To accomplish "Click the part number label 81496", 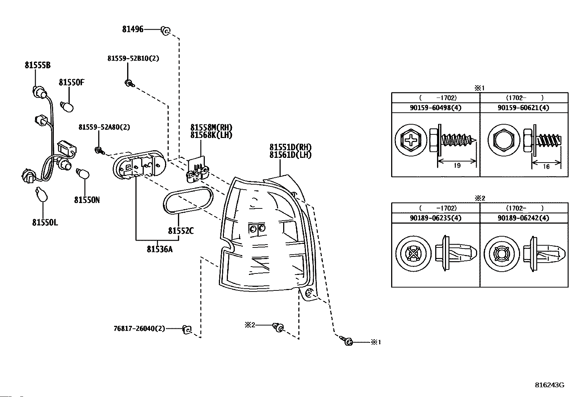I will point(133,30).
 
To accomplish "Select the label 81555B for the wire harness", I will point(38,65).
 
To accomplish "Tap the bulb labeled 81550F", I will point(68,107).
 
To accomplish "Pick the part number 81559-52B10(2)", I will point(133,58).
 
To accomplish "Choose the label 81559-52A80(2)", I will point(104,127).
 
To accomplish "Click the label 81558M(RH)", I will point(211,128).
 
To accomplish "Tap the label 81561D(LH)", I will point(290,155).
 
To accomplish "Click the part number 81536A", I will point(159,249).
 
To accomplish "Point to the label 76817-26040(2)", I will point(139,328).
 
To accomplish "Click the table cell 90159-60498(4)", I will point(436,108).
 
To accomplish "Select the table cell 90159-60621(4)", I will point(523,108).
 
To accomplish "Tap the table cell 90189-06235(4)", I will point(436,218).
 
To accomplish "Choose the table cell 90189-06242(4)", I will point(523,218).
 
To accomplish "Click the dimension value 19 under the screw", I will point(457,166).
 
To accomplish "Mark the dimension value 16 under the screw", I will point(546,167).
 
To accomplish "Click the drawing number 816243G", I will point(549,385).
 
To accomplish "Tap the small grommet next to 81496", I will point(165,31).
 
